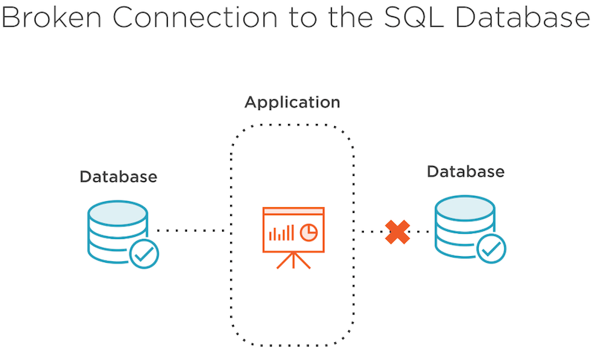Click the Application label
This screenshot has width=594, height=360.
pos(293,102)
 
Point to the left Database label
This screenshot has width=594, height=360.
pos(119,177)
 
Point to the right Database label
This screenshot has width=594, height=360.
pos(466,171)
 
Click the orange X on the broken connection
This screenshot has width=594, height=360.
pos(398,232)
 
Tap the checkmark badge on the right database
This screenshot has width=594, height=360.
pos(491,249)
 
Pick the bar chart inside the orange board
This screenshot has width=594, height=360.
pos(281,233)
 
